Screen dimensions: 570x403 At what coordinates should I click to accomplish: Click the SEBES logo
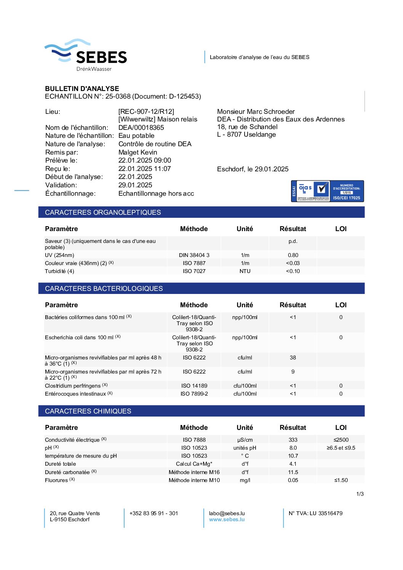[86, 55]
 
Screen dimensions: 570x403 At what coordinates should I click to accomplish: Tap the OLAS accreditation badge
[327, 191]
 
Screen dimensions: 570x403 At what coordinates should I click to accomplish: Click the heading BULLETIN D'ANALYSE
[82, 88]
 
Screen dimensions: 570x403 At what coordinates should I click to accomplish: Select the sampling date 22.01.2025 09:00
[145, 160]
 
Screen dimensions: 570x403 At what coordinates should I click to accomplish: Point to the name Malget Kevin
[138, 152]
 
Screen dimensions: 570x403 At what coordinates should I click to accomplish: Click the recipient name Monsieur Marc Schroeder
[256, 112]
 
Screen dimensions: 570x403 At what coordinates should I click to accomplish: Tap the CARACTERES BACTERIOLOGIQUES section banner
[201, 289]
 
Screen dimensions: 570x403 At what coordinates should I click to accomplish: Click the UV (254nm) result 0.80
[293, 255]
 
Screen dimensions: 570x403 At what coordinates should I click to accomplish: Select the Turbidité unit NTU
[245, 271]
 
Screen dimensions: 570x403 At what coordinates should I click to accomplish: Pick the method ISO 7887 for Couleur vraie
[194, 263]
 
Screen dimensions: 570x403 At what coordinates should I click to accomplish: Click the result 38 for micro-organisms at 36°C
[293, 358]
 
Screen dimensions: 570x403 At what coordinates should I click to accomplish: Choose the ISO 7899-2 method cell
[194, 394]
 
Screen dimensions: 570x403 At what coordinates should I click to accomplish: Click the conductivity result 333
[293, 440]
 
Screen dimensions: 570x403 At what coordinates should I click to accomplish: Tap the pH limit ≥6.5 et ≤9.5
[341, 448]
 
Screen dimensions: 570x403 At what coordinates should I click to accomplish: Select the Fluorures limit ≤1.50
[341, 480]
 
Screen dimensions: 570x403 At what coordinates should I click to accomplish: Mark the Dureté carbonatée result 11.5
[293, 472]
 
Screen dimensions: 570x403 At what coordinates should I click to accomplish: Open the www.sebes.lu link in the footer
[227, 519]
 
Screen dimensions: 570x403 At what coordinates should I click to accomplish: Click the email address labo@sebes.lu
[227, 513]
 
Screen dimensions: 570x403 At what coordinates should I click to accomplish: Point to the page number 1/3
[360, 494]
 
